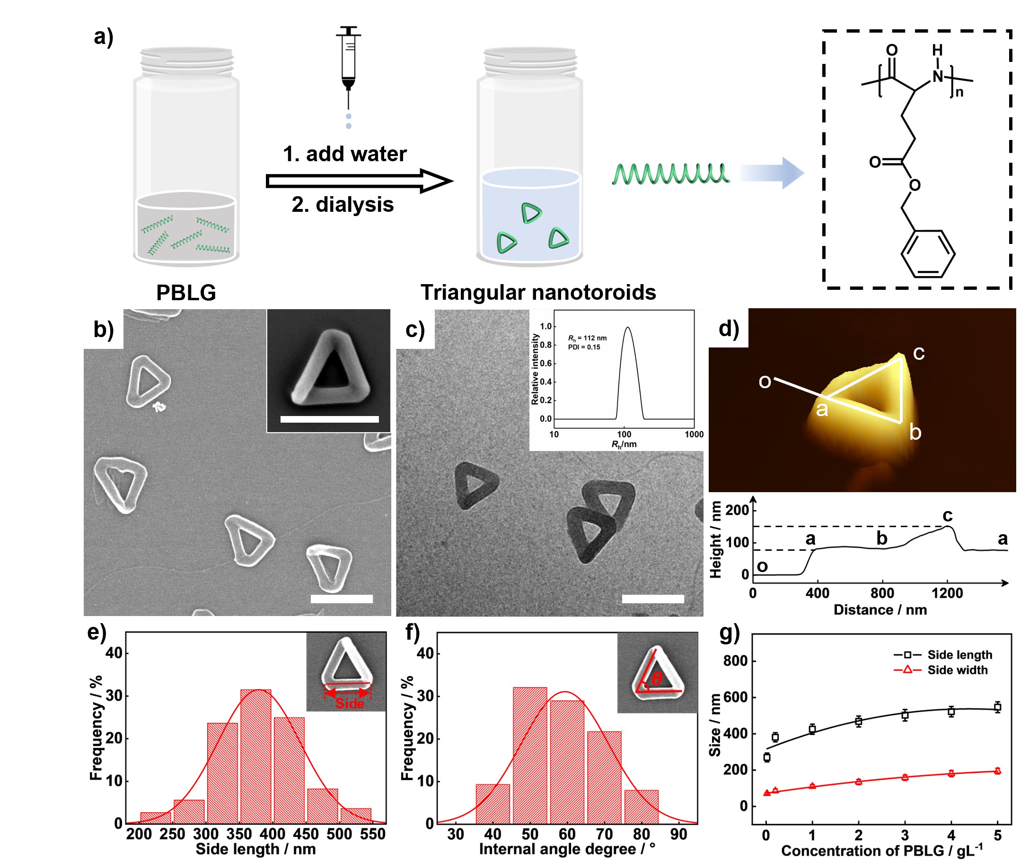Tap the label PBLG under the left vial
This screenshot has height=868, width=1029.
(186, 293)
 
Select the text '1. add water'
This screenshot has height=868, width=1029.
(344, 154)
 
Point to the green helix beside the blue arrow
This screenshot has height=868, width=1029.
(670, 174)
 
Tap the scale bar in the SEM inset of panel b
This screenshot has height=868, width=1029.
(329, 419)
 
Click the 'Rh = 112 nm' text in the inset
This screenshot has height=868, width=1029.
(588, 338)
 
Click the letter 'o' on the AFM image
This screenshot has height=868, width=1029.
(765, 382)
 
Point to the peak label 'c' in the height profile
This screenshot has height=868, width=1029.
(947, 515)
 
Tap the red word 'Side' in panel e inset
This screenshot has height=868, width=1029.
(350, 703)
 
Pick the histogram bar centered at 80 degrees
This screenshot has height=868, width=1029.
(641, 807)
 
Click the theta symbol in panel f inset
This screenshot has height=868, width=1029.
(656, 679)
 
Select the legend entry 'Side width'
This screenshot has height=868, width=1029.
(957, 670)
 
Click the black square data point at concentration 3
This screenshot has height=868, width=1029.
(905, 715)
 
